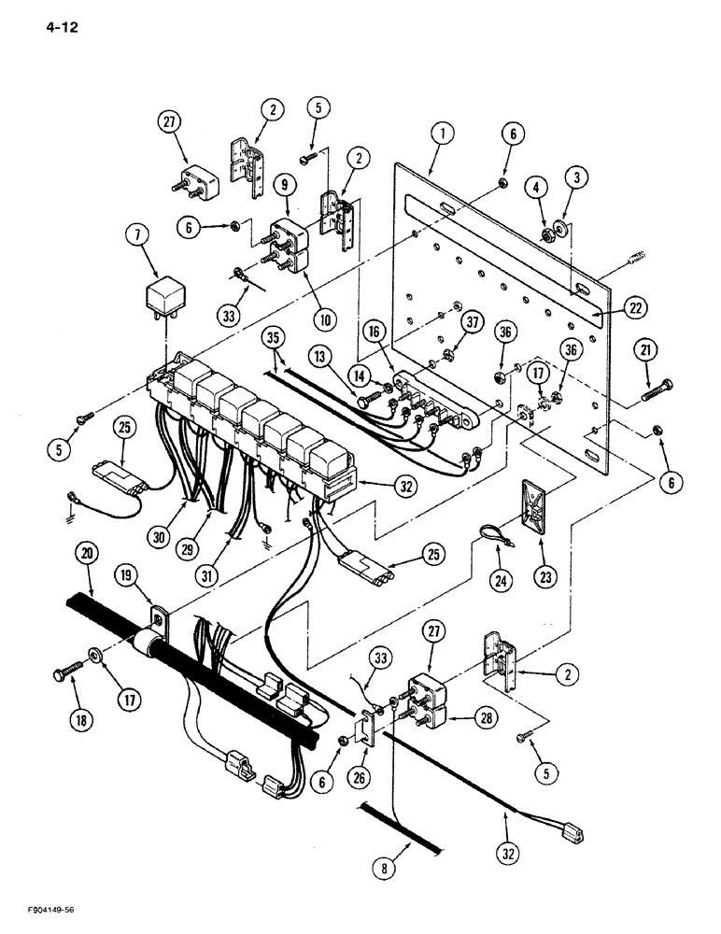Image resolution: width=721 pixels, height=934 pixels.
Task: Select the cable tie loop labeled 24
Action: pos(489,534)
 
